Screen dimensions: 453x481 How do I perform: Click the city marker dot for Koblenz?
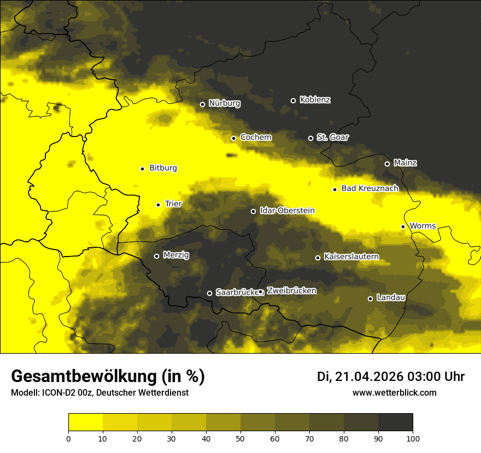pyautogui.click(x=293, y=100)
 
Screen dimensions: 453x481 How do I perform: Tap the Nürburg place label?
pyautogui.click(x=224, y=103)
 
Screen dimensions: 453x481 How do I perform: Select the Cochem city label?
pyautogui.click(x=255, y=137)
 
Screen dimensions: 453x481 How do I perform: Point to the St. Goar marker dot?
pyautogui.click(x=310, y=138)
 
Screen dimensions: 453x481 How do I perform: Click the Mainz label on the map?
pyautogui.click(x=405, y=163)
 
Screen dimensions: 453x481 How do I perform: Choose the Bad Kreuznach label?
pyautogui.click(x=369, y=188)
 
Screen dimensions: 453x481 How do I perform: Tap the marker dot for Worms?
pyautogui.click(x=403, y=226)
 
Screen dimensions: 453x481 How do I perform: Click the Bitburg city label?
pyautogui.click(x=163, y=168)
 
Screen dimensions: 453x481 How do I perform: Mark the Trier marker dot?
pyautogui.click(x=158, y=205)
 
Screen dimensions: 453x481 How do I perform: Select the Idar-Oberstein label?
pyautogui.click(x=286, y=210)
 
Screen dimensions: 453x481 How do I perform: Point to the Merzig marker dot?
pyautogui.click(x=156, y=256)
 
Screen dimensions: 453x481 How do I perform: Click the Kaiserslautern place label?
pyautogui.click(x=351, y=257)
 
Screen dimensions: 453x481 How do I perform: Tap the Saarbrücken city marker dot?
pyautogui.click(x=209, y=293)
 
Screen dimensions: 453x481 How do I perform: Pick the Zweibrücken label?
pyautogui.click(x=291, y=291)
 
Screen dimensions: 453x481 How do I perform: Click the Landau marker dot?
pyautogui.click(x=370, y=299)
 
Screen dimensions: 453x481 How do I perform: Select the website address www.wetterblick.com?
pyautogui.click(x=394, y=392)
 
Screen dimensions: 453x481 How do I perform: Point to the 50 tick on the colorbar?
pyautogui.click(x=241, y=438)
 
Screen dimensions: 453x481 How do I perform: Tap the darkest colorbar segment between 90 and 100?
pyautogui.click(x=395, y=422)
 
